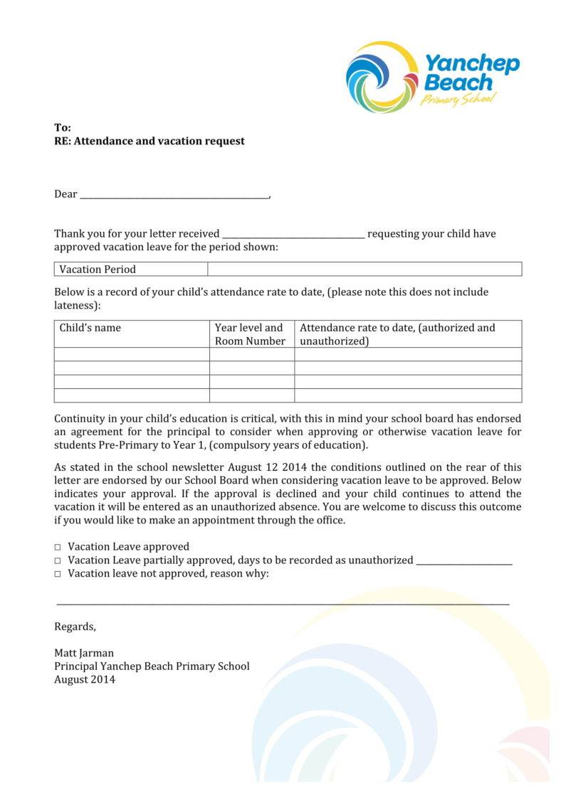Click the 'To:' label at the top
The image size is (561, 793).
63,127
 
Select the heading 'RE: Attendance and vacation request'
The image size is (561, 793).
149,141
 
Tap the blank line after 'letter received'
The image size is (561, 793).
293,235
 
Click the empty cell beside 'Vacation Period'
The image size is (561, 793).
365,270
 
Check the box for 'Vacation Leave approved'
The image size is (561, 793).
58,547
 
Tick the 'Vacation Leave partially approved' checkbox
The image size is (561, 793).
58,560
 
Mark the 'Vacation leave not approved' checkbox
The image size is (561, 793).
58,574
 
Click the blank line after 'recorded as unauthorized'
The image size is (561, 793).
463,563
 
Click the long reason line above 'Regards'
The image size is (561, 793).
283,603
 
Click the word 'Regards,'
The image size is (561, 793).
75,627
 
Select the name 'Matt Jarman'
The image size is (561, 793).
84,653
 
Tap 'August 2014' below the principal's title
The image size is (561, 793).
85,679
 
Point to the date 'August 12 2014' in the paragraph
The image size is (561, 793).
269,467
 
